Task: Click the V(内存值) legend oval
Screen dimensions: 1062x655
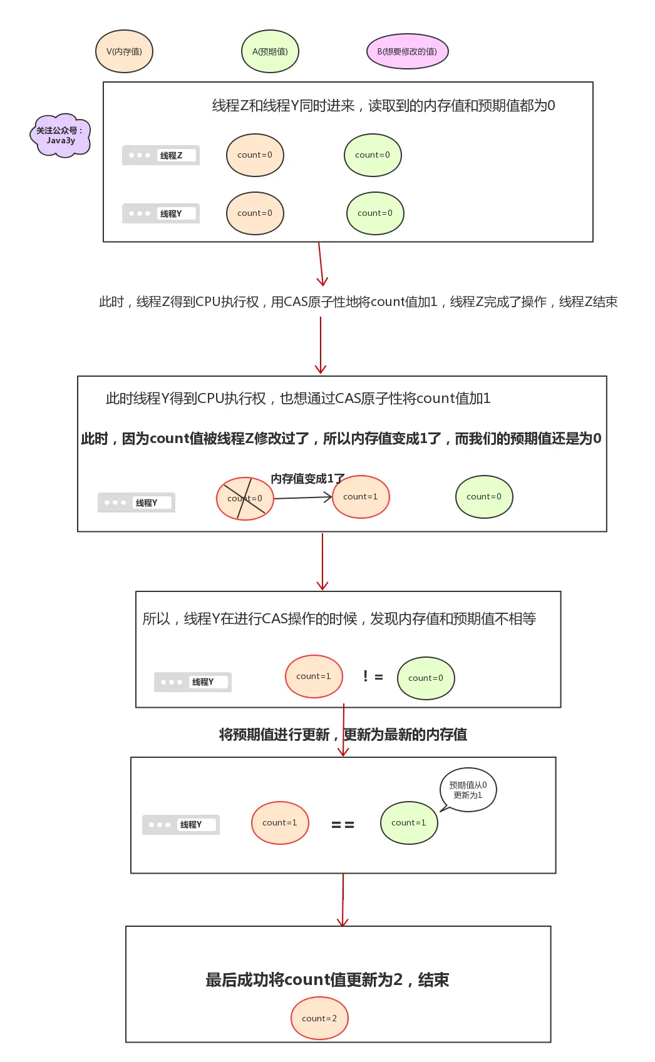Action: (124, 51)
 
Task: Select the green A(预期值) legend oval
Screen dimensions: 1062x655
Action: (270, 51)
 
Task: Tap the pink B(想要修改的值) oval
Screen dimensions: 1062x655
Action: (407, 51)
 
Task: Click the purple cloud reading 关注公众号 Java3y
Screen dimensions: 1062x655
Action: (60, 135)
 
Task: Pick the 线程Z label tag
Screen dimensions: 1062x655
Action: (161, 155)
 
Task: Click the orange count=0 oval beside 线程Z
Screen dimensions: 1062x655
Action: (255, 155)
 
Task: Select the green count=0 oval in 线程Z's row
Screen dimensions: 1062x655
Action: (373, 155)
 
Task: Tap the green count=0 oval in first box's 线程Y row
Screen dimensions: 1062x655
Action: (375, 213)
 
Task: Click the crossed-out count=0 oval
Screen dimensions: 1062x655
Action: (245, 499)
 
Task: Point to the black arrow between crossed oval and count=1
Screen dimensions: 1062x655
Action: (302, 498)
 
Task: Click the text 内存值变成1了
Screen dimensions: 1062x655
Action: (307, 479)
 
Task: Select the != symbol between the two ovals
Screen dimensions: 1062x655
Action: (373, 677)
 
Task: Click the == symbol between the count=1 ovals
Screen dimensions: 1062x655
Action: (343, 825)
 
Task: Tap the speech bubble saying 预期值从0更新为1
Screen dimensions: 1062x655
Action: (468, 790)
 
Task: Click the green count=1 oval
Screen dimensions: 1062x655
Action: (409, 823)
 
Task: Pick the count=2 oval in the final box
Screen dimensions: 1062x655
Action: (319, 1018)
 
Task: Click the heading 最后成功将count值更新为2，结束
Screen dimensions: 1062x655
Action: (327, 979)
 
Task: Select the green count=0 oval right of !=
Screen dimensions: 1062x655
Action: (426, 678)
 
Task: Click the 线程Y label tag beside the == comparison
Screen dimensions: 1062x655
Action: (181, 825)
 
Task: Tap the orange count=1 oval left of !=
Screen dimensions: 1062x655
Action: (314, 677)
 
